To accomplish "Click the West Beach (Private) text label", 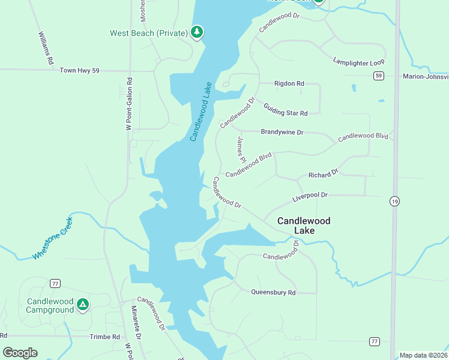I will [x=149, y=33].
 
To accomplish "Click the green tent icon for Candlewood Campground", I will [x=83, y=305].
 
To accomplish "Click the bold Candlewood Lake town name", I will [x=304, y=226].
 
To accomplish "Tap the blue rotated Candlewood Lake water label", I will [x=201, y=112].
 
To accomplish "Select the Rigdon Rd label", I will [x=289, y=83].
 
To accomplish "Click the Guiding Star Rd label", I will [x=286, y=109].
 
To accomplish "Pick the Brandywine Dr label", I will [x=282, y=131].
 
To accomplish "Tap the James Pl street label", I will [x=241, y=150].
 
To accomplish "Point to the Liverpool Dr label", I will [x=310, y=196].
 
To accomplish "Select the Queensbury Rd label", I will [x=273, y=293].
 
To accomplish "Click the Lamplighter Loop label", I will [x=358, y=62].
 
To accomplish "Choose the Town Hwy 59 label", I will [x=79, y=71].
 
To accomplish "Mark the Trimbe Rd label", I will [x=104, y=337].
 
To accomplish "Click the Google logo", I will [x=20, y=352].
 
